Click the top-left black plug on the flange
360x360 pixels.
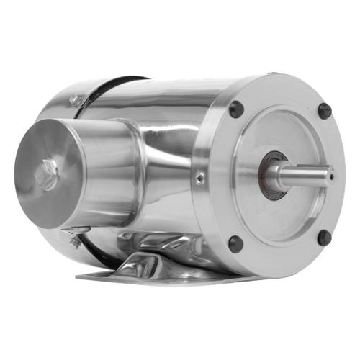(235, 109)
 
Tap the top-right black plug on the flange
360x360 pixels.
(325, 111)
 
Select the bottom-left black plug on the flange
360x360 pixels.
(235, 243)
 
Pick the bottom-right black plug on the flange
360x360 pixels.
(324, 237)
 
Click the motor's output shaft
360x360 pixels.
(306, 174)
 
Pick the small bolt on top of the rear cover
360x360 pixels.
(74, 99)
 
